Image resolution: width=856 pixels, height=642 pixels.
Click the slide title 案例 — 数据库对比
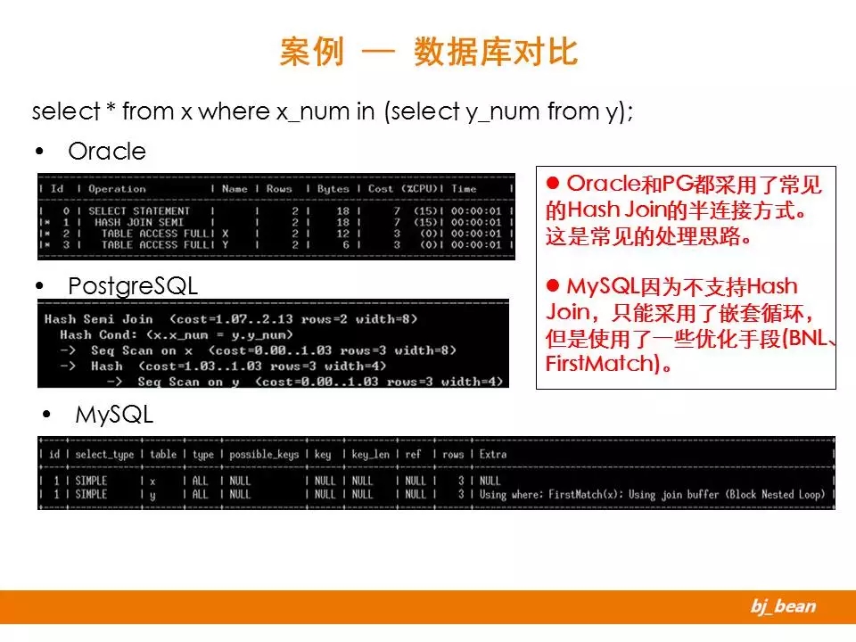428,52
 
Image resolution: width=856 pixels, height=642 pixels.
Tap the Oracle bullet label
106,152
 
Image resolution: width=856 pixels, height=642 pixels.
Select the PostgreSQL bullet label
132,286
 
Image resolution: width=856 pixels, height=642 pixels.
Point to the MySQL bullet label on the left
114,415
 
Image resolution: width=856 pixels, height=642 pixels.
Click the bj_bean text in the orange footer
782,607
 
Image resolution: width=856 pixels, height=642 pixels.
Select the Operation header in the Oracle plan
117,189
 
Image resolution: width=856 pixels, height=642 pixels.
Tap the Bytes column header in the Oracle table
333,189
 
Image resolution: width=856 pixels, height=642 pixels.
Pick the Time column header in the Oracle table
464,189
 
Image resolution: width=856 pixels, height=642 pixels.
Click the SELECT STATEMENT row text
139,211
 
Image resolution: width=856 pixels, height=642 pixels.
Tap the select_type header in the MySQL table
104,454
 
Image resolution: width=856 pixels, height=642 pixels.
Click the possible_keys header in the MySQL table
264,454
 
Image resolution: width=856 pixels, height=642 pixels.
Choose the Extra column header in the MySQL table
492,454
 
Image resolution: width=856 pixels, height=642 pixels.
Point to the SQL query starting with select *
333,111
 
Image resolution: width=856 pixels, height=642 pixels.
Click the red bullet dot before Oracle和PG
551,183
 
